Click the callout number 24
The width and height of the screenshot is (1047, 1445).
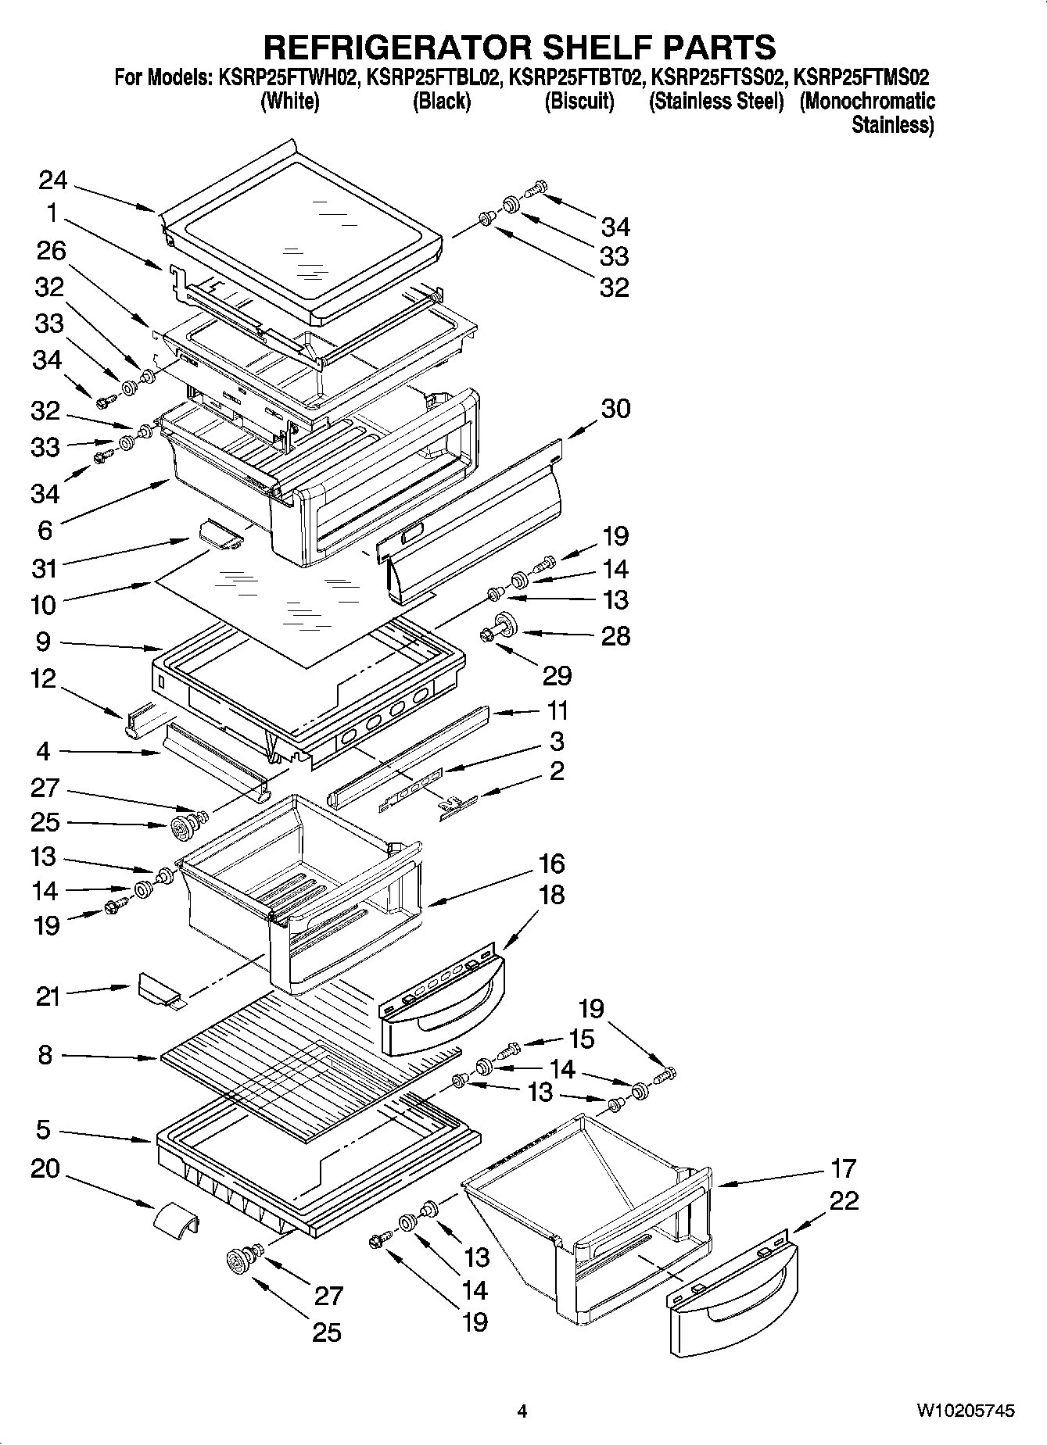53,181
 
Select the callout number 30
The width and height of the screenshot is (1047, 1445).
615,408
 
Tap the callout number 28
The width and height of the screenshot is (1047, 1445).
615,635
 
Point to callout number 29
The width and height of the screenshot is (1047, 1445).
557,675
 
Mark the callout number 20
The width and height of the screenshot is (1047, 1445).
45,1169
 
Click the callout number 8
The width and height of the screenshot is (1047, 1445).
45,1055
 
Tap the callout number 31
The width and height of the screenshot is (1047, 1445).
45,567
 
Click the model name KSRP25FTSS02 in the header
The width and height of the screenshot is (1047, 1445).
716,78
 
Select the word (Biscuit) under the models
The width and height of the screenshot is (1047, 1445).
579,102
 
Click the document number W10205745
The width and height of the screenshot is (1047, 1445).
966,1411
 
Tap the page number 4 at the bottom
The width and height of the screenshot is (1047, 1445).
522,1411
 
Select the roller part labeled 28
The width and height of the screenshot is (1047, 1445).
500,627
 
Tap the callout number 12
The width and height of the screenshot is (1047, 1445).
45,678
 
